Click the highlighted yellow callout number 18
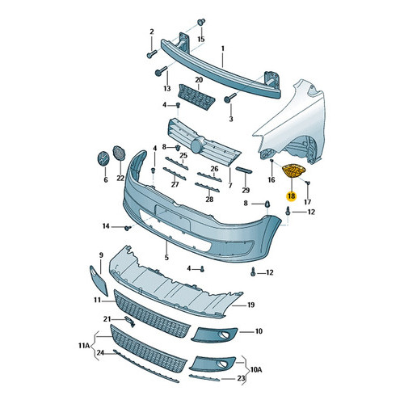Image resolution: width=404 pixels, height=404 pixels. [x=291, y=196]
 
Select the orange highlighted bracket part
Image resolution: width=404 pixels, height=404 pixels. [x=293, y=170]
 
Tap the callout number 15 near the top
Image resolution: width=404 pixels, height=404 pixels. [x=201, y=39]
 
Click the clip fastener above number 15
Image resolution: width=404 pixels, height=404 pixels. [x=201, y=22]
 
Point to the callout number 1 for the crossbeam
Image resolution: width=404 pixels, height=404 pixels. [x=223, y=48]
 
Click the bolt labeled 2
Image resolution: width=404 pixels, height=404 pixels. [x=152, y=53]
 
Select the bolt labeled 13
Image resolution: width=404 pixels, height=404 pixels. [x=161, y=71]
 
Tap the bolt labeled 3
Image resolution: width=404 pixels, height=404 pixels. [x=230, y=98]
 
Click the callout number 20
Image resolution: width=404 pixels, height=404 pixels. [x=199, y=80]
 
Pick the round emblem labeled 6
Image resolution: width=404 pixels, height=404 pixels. [x=103, y=159]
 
